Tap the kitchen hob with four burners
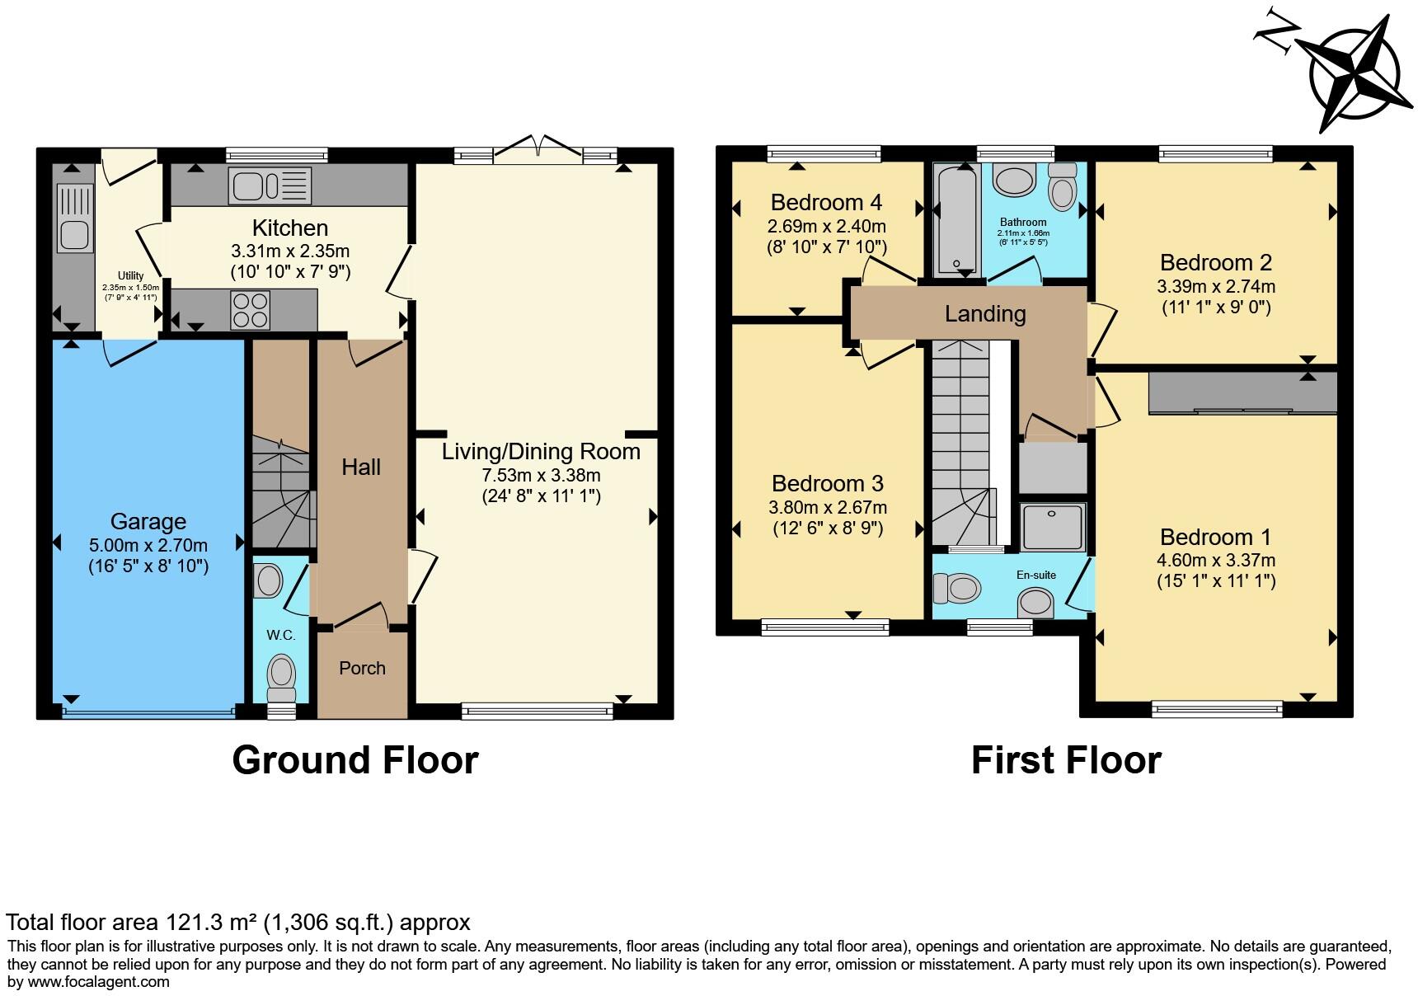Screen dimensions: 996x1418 pyautogui.click(x=251, y=310)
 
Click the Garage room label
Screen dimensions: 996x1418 pyautogui.click(x=148, y=522)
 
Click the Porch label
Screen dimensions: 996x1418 pyautogui.click(x=362, y=669)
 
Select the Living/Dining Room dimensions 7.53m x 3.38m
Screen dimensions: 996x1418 pyautogui.click(x=541, y=475)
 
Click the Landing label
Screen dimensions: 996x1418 pyautogui.click(x=985, y=314)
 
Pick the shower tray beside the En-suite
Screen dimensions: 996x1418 pyautogui.click(x=1052, y=527)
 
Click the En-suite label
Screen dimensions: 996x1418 pyautogui.click(x=1035, y=575)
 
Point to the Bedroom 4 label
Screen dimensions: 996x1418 pyautogui.click(x=826, y=202)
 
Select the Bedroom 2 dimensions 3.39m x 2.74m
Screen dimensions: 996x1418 pyautogui.click(x=1215, y=287)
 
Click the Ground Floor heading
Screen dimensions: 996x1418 pyautogui.click(x=355, y=760)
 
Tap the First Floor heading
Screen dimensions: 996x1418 pyautogui.click(x=1066, y=760)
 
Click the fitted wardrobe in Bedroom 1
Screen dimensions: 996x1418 pyautogui.click(x=1242, y=393)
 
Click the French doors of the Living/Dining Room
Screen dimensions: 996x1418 pyautogui.click(x=538, y=149)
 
